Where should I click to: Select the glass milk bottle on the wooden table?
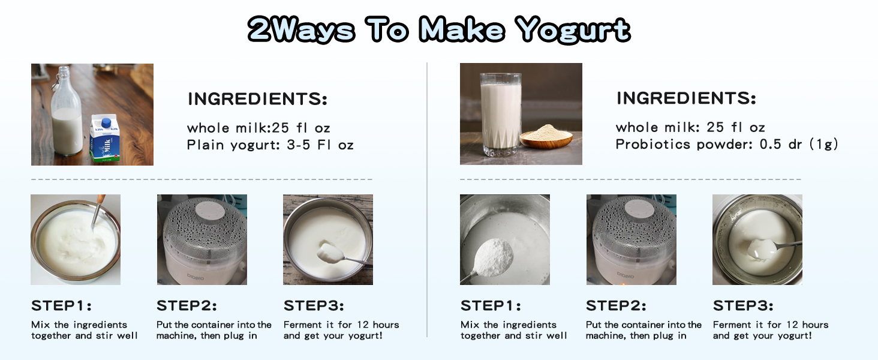(66, 115)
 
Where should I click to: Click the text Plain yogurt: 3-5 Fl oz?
(270, 145)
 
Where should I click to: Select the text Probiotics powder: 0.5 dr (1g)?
(726, 144)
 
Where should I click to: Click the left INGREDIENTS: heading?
(258, 99)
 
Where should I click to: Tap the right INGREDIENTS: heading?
(686, 98)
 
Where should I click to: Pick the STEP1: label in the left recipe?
(61, 305)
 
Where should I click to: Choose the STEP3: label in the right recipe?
(743, 305)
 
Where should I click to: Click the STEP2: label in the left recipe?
(187, 305)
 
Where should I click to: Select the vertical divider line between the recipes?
(427, 198)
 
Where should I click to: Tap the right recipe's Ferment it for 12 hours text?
(770, 325)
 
